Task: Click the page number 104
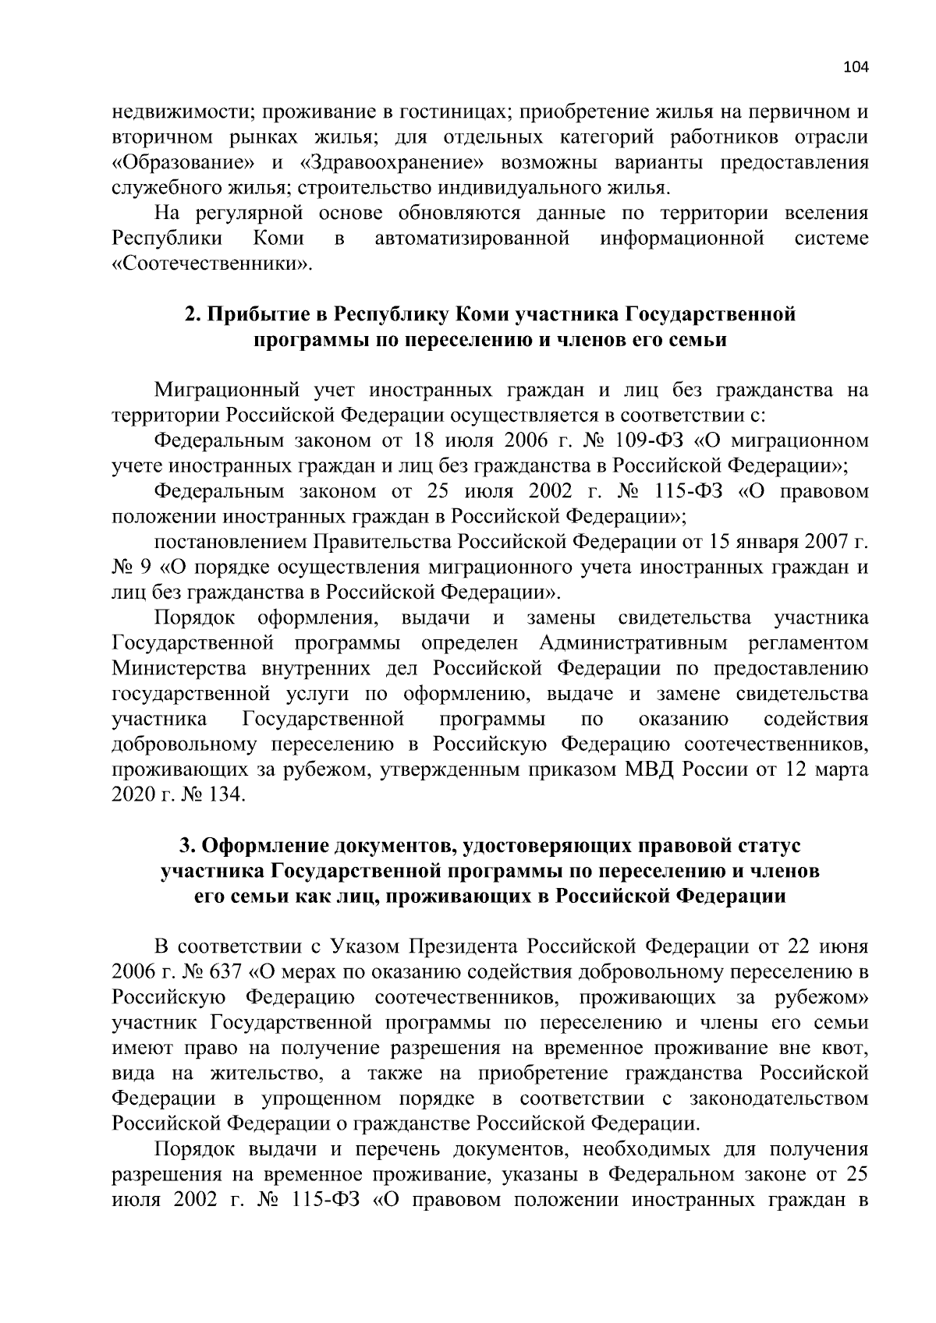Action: click(x=856, y=67)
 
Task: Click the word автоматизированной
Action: click(x=472, y=238)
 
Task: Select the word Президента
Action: click(x=465, y=947)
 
